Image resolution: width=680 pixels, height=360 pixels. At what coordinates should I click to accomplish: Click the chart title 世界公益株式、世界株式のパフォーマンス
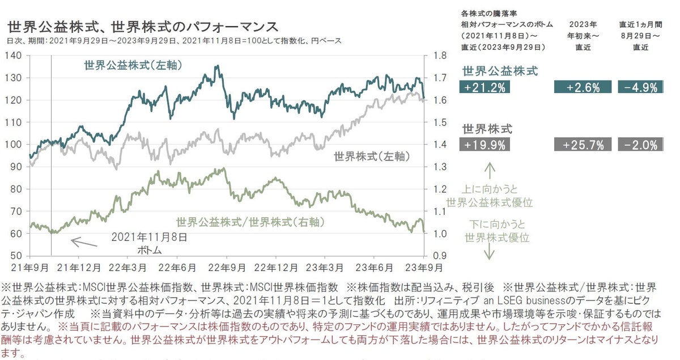(142, 27)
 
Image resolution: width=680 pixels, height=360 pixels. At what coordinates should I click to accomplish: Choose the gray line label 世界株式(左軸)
(371, 155)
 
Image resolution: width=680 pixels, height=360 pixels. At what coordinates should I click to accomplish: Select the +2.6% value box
(583, 87)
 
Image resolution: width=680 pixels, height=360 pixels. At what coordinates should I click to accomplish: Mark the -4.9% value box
(641, 87)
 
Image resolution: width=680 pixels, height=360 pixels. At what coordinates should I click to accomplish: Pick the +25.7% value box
(583, 145)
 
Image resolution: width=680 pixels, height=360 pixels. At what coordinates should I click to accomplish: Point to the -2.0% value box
(641, 145)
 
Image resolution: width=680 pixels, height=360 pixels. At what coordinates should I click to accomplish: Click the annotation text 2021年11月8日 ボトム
(149, 243)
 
